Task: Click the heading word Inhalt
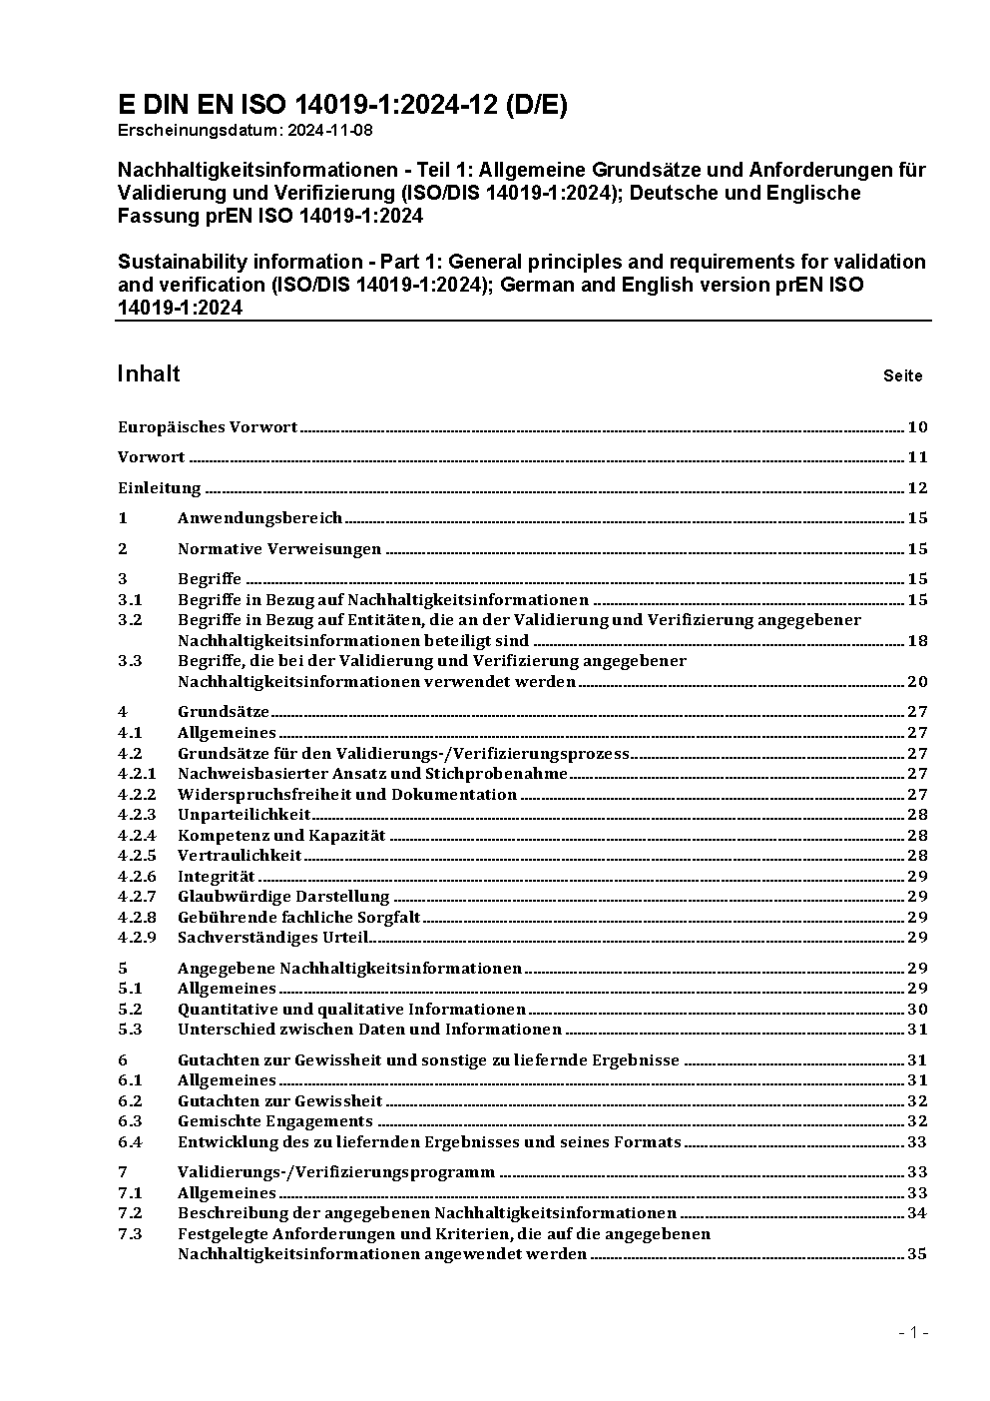[x=149, y=373]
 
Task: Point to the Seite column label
[x=902, y=376]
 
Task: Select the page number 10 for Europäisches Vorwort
[x=917, y=427]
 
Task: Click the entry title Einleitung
[x=160, y=488]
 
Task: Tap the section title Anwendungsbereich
[x=259, y=518]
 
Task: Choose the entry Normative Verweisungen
[x=279, y=548]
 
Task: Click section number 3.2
[x=130, y=620]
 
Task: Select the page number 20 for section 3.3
[x=917, y=682]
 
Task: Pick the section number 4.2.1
[x=137, y=774]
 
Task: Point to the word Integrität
[x=216, y=877]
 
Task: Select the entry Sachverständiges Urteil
[x=272, y=938]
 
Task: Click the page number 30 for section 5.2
[x=917, y=1010]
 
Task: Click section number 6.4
[x=130, y=1142]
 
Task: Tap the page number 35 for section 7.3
[x=917, y=1254]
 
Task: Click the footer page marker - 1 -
[x=913, y=1332]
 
